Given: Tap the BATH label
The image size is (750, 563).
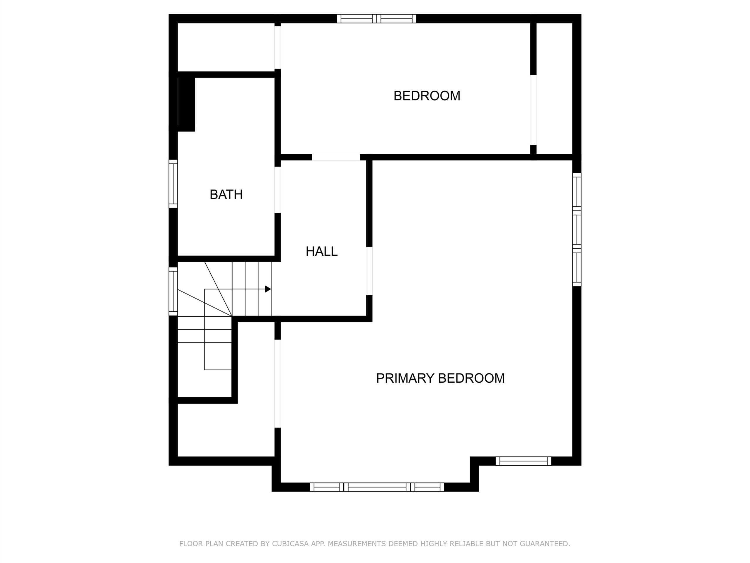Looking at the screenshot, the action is (226, 194).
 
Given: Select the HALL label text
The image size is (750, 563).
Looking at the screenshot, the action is (321, 252).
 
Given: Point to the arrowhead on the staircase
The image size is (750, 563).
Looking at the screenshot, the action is (268, 289).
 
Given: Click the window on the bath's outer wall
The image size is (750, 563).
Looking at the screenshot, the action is (173, 184).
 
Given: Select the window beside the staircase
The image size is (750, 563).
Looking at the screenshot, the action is (173, 291).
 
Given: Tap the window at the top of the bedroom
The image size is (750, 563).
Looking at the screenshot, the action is (376, 19).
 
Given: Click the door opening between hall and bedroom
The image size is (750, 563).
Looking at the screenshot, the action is (336, 157).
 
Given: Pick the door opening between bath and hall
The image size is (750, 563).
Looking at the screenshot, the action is (278, 190).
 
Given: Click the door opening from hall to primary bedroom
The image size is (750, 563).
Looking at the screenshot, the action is (369, 271).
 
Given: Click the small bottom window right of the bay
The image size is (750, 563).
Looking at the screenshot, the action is (524, 461).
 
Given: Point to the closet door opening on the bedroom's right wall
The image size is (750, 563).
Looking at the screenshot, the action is (533, 110).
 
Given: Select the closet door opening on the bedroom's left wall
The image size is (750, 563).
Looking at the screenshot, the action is (278, 48).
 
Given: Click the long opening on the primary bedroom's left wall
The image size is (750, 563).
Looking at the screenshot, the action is (278, 384).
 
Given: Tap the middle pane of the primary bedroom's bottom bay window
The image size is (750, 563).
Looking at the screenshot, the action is (377, 487).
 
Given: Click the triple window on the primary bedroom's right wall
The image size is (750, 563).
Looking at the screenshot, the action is (577, 230).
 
